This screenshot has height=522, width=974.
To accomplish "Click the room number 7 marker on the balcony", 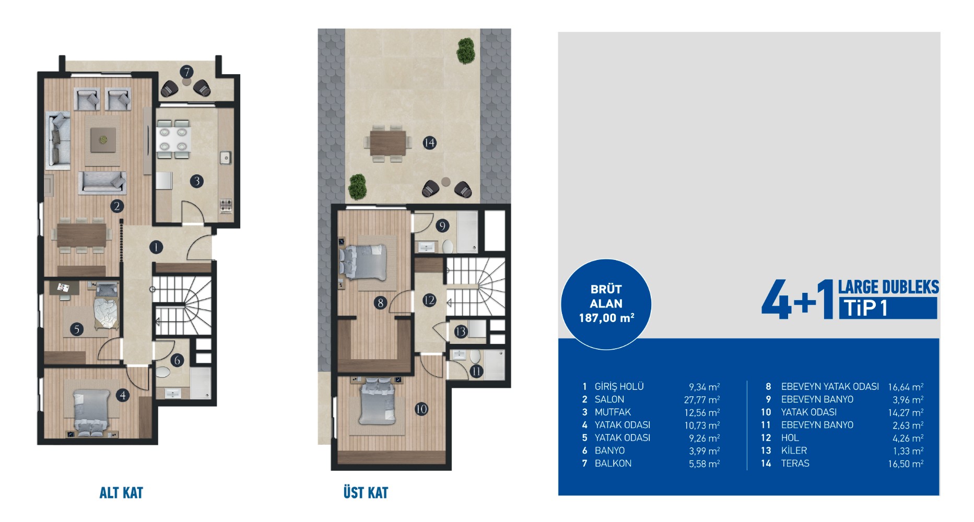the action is pyautogui.click(x=186, y=72).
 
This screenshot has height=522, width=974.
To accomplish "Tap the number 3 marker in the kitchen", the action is pyautogui.click(x=197, y=181).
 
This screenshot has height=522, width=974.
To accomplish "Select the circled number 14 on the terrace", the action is pyautogui.click(x=429, y=143).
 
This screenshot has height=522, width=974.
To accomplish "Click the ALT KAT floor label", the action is pyautogui.click(x=121, y=493).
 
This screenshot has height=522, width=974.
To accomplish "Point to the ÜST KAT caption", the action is pyautogui.click(x=366, y=493).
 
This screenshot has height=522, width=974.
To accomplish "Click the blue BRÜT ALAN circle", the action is pyautogui.click(x=606, y=304).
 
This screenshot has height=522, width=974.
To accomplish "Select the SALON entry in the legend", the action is pyautogui.click(x=609, y=399).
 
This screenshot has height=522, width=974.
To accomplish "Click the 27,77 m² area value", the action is pyautogui.click(x=702, y=400).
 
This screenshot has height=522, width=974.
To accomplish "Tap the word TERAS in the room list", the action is pyautogui.click(x=795, y=463).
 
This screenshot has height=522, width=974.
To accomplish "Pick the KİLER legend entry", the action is pyautogui.click(x=794, y=450).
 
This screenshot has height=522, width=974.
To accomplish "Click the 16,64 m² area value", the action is pyautogui.click(x=906, y=387).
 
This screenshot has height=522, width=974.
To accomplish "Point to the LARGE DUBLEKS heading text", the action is pyautogui.click(x=888, y=287).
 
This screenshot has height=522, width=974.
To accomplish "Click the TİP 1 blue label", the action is pyautogui.click(x=887, y=308).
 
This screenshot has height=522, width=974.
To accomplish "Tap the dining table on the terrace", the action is pyautogui.click(x=388, y=143).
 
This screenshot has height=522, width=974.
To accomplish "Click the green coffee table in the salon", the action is pyautogui.click(x=103, y=139).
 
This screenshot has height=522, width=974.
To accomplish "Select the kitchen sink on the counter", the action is pyautogui.click(x=226, y=157).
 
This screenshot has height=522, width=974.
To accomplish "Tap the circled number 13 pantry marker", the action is pyautogui.click(x=460, y=331).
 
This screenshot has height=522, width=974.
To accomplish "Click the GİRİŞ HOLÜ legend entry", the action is pyautogui.click(x=619, y=386).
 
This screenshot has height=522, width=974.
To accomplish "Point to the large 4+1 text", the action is pyautogui.click(x=797, y=299).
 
